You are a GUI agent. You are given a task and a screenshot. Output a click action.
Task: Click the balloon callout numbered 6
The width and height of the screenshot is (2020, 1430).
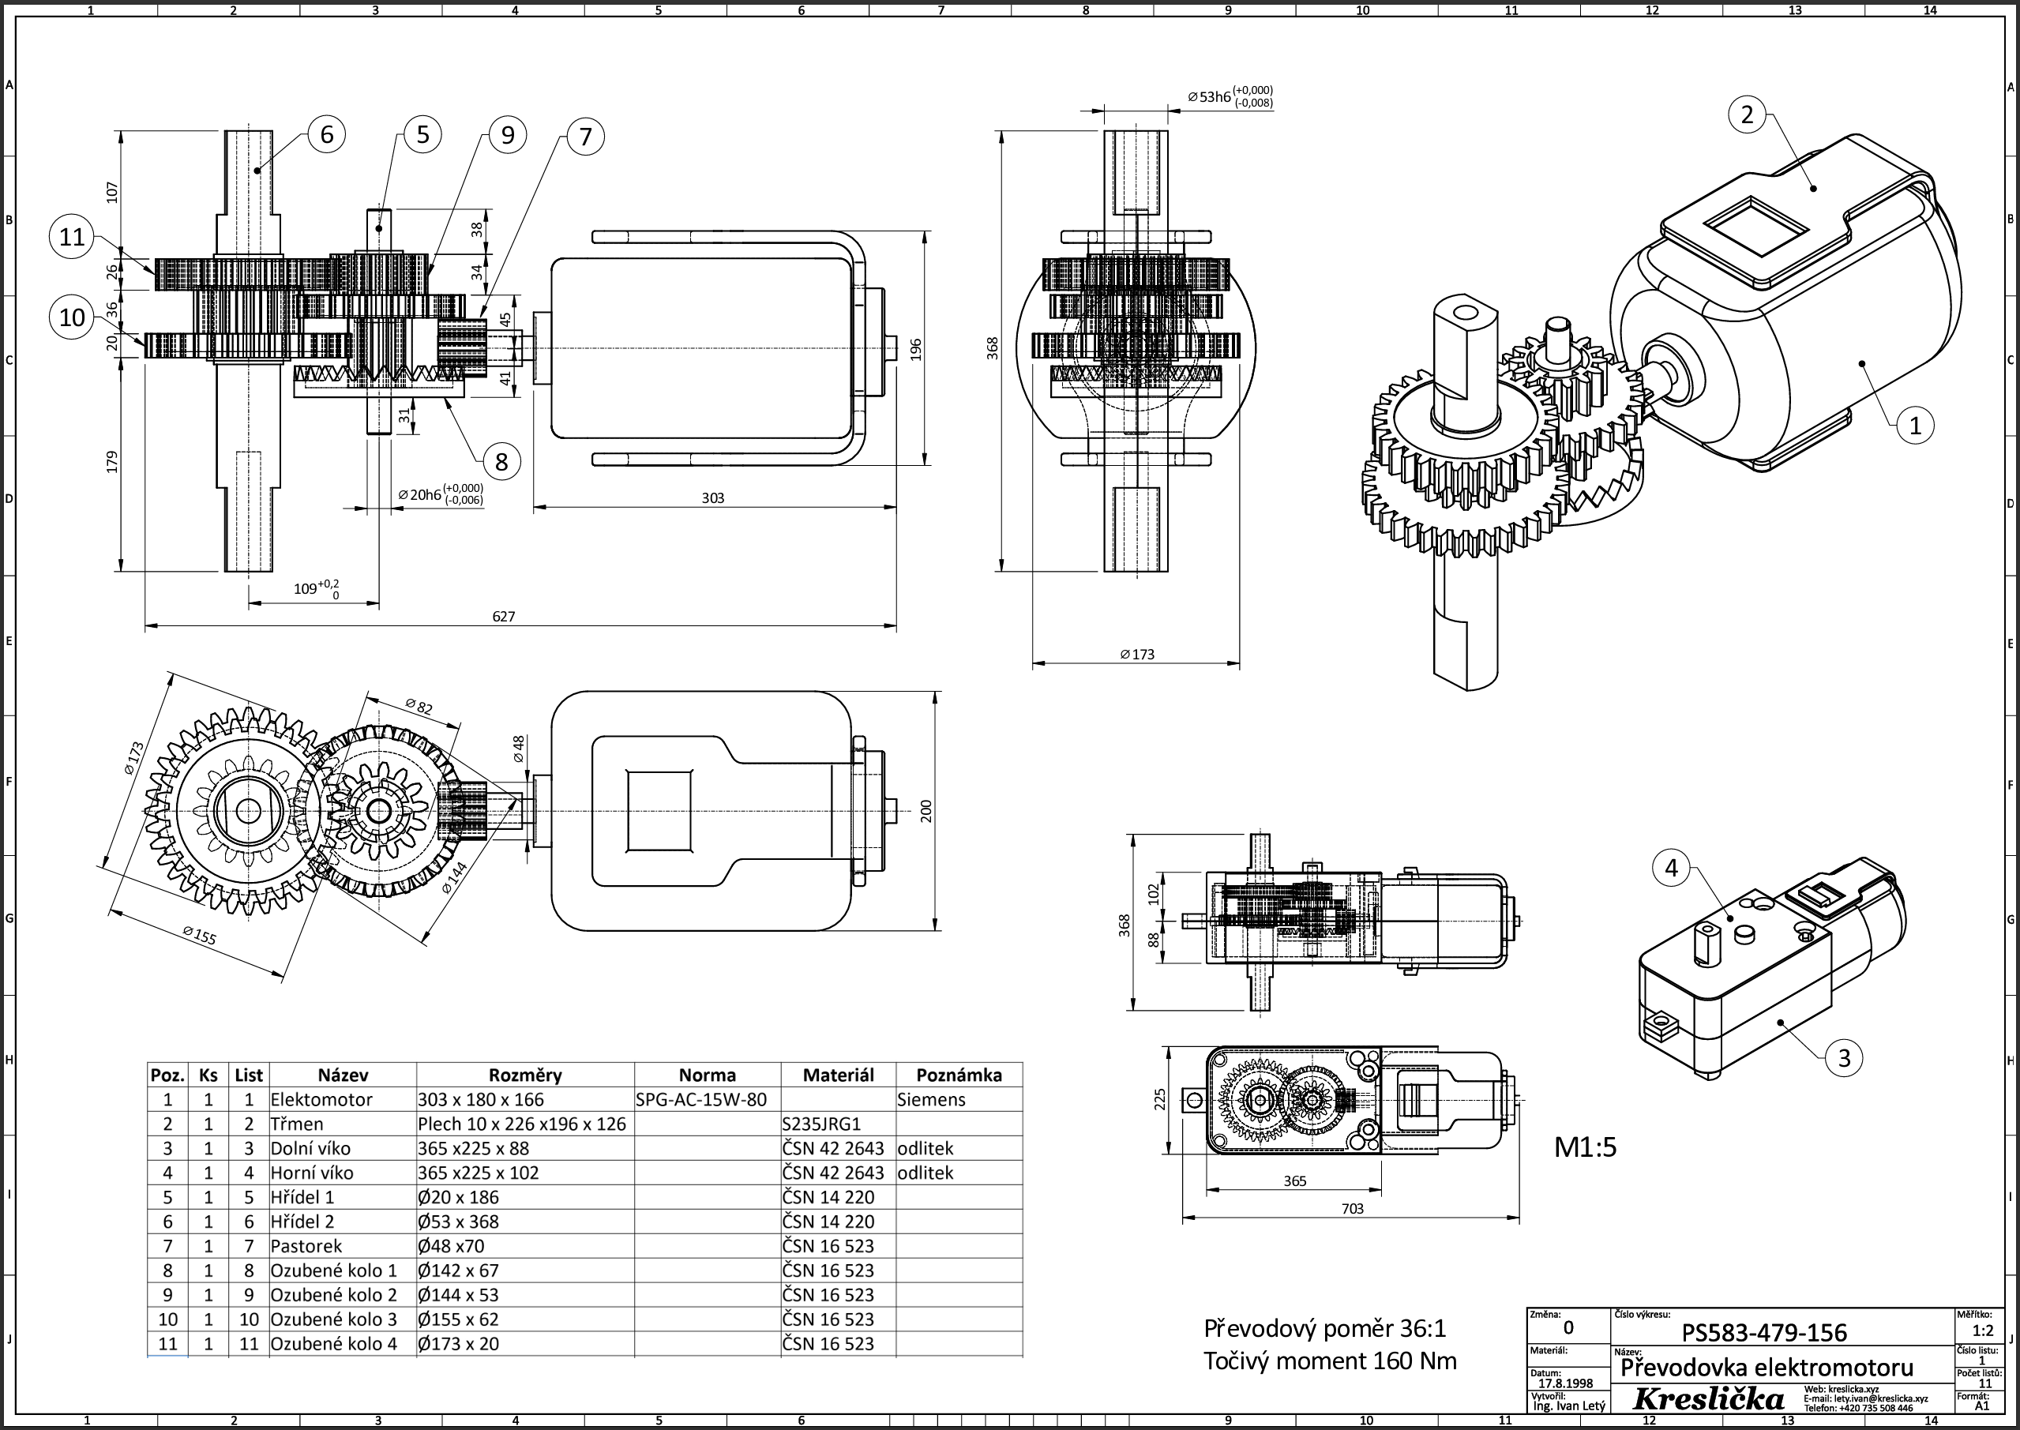pos(327,134)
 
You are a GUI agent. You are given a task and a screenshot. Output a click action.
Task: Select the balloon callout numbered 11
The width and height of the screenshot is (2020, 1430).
pos(72,237)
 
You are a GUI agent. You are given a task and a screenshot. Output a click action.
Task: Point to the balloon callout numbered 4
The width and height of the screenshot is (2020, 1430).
pos(1670,869)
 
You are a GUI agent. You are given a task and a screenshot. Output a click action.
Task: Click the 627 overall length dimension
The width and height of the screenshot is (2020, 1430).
pos(503,617)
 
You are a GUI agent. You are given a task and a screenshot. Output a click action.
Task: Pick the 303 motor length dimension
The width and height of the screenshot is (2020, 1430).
pos(712,497)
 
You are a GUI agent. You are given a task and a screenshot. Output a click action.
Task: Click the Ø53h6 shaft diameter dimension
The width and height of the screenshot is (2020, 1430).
pos(1230,96)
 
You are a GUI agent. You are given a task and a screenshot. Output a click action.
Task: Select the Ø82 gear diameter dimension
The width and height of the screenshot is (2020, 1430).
pos(419,706)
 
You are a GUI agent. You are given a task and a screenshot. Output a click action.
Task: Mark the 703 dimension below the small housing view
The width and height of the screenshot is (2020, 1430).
pos(1352,1208)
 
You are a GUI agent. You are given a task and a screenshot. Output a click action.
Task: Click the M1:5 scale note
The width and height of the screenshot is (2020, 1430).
pos(1585,1147)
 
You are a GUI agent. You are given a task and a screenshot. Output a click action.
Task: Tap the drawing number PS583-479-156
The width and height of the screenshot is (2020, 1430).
pos(1764,1332)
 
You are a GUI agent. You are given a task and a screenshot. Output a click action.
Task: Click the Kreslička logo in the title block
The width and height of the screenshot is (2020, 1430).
pos(1708,1398)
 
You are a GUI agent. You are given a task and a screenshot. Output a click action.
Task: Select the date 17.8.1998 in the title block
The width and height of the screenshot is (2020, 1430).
pos(1565,1383)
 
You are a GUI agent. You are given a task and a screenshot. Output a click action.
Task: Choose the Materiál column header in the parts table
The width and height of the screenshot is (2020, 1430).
pos(837,1074)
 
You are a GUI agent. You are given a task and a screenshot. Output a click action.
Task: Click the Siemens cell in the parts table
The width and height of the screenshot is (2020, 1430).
pos(931,1099)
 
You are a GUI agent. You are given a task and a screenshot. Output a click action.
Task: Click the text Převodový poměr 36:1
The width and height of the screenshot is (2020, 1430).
pos(1324,1328)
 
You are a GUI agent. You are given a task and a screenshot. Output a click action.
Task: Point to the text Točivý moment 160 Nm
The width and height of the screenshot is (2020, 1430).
pos(1330,1361)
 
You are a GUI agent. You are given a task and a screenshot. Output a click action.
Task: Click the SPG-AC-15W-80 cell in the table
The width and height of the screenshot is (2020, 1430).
pos(701,1099)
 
